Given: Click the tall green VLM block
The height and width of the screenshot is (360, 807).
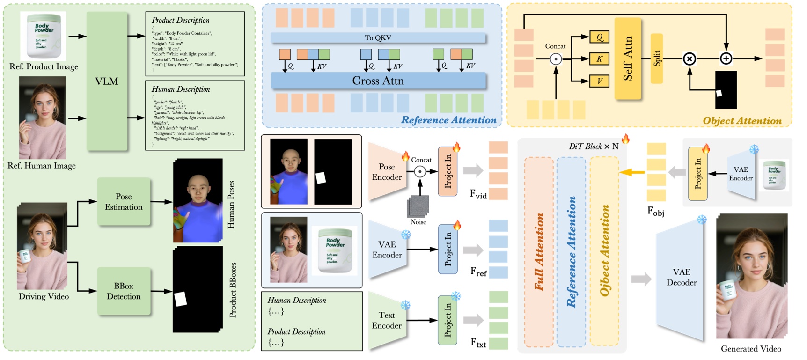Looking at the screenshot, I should pyautogui.click(x=107, y=81).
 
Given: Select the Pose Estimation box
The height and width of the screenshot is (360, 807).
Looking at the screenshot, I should pyautogui.click(x=124, y=202).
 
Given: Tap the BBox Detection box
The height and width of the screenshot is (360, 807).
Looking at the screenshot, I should pyautogui.click(x=124, y=291).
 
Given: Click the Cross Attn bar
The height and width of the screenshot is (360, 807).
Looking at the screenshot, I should pyautogui.click(x=378, y=81).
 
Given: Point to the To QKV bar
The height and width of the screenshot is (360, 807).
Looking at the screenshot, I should pyautogui.click(x=378, y=38).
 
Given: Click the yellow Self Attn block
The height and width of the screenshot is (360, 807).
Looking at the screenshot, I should pyautogui.click(x=627, y=59).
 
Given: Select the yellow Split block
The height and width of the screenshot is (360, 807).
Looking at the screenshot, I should pyautogui.click(x=657, y=59).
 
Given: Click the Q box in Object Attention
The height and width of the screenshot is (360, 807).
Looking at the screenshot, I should pyautogui.click(x=599, y=37).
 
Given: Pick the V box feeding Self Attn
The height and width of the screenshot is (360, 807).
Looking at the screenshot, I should pyautogui.click(x=599, y=81).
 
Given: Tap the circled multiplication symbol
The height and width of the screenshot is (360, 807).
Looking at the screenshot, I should pyautogui.click(x=689, y=59).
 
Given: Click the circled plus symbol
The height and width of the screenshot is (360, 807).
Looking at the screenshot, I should pyautogui.click(x=726, y=59).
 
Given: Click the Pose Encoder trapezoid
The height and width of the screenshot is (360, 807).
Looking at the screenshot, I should pyautogui.click(x=387, y=172).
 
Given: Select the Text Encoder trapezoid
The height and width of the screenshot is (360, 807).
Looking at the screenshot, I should pyautogui.click(x=387, y=320).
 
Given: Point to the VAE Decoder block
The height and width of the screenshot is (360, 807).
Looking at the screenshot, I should pyautogui.click(x=681, y=277).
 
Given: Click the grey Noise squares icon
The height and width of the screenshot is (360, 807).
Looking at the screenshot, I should pyautogui.click(x=418, y=206).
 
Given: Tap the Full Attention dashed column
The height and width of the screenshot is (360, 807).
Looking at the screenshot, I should pyautogui.click(x=539, y=252).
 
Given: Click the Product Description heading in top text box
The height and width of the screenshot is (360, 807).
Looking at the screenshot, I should pyautogui.click(x=180, y=20).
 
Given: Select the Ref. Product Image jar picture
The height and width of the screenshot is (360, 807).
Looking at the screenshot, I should pyautogui.click(x=44, y=36).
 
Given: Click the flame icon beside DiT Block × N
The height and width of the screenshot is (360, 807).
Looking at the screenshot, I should pyautogui.click(x=625, y=139).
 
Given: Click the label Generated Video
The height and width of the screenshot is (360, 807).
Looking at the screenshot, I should pyautogui.click(x=751, y=349).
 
